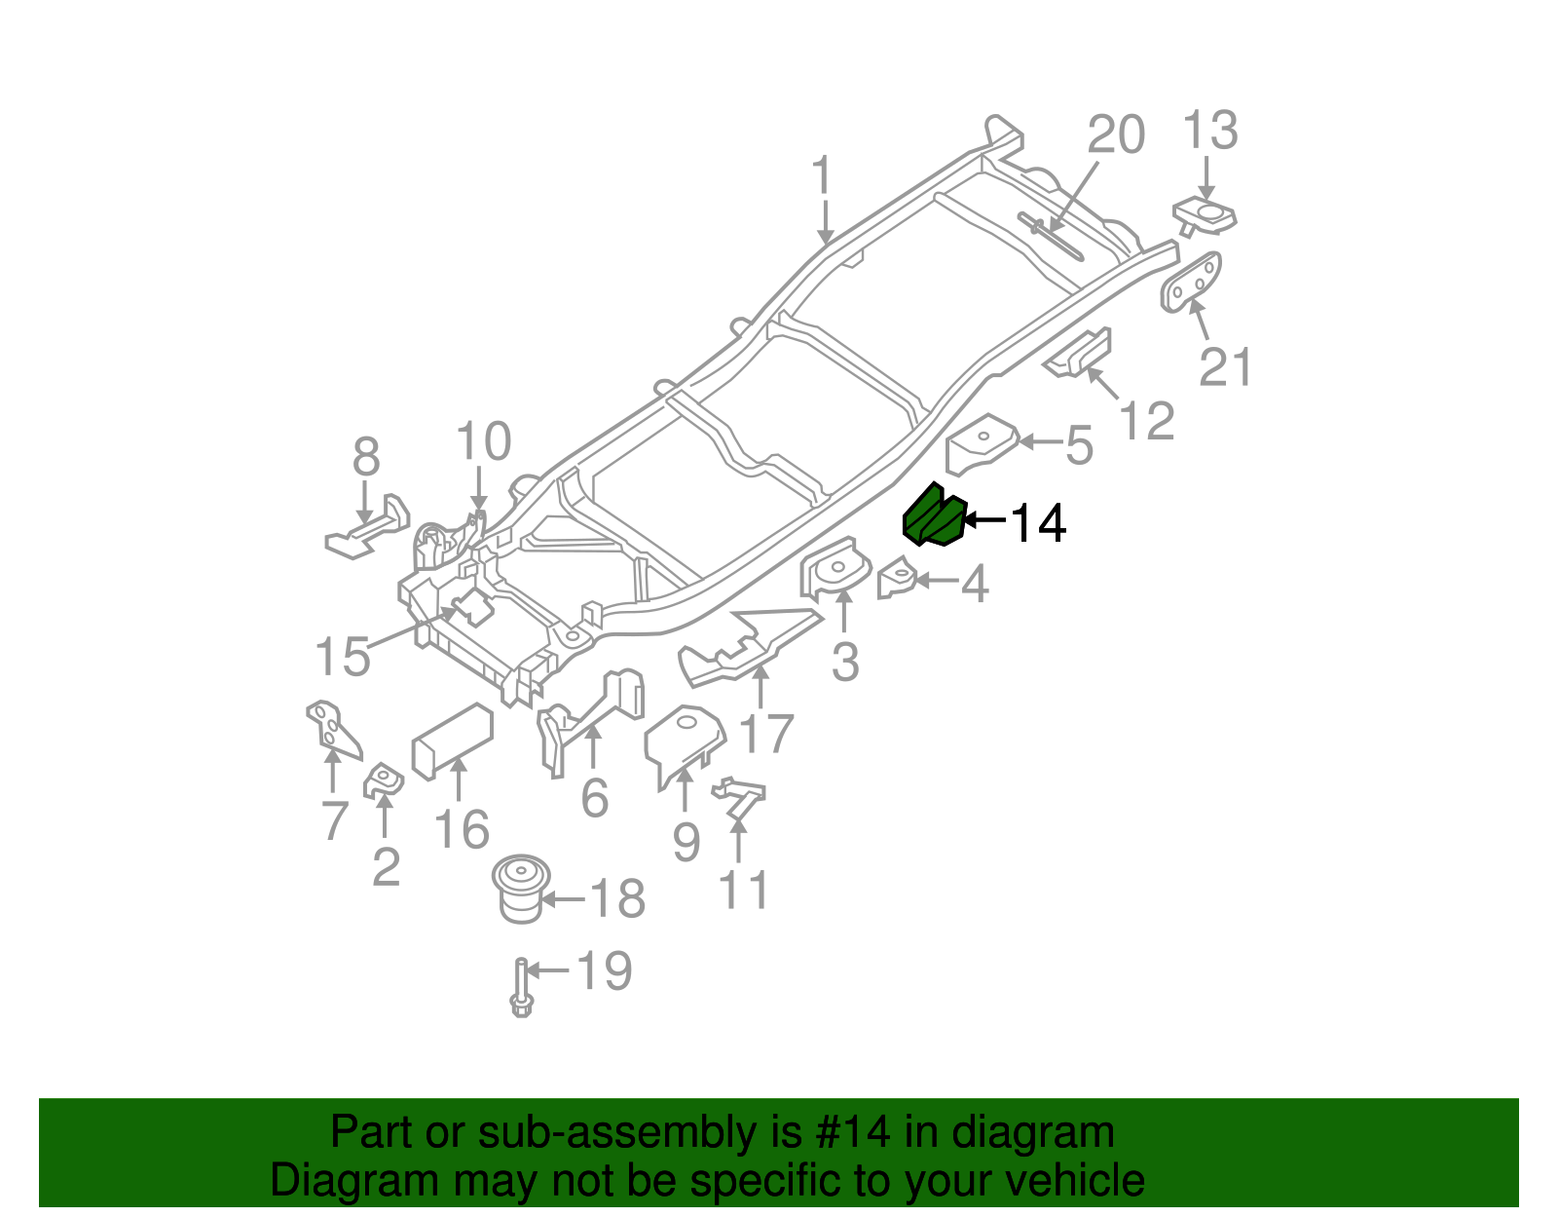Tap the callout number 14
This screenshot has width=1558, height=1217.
[1039, 524]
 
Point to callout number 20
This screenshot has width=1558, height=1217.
[1115, 134]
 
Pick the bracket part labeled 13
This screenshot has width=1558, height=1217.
[1206, 215]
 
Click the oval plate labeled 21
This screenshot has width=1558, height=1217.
[1191, 282]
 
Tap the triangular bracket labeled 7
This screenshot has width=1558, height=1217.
[331, 728]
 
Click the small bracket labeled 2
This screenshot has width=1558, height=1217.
[384, 780]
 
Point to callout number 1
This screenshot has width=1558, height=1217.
[823, 176]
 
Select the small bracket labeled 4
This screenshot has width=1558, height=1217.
[897, 580]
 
